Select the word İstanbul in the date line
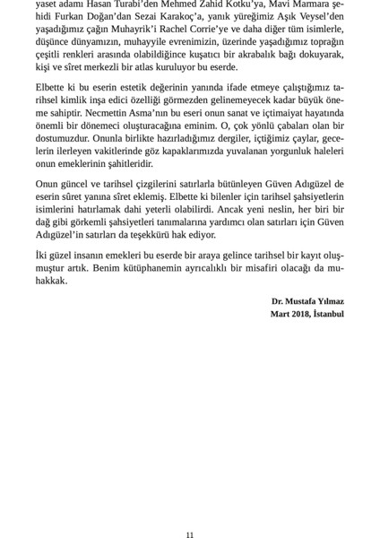tap(328, 315)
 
